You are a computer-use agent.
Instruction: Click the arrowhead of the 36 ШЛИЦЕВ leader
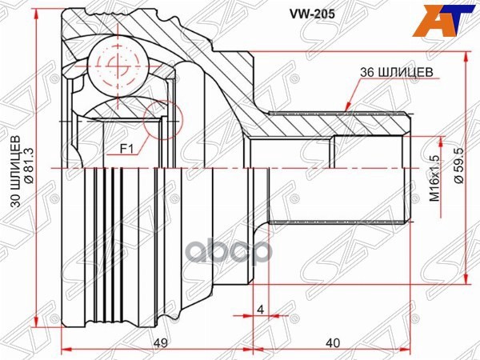(346, 107)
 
